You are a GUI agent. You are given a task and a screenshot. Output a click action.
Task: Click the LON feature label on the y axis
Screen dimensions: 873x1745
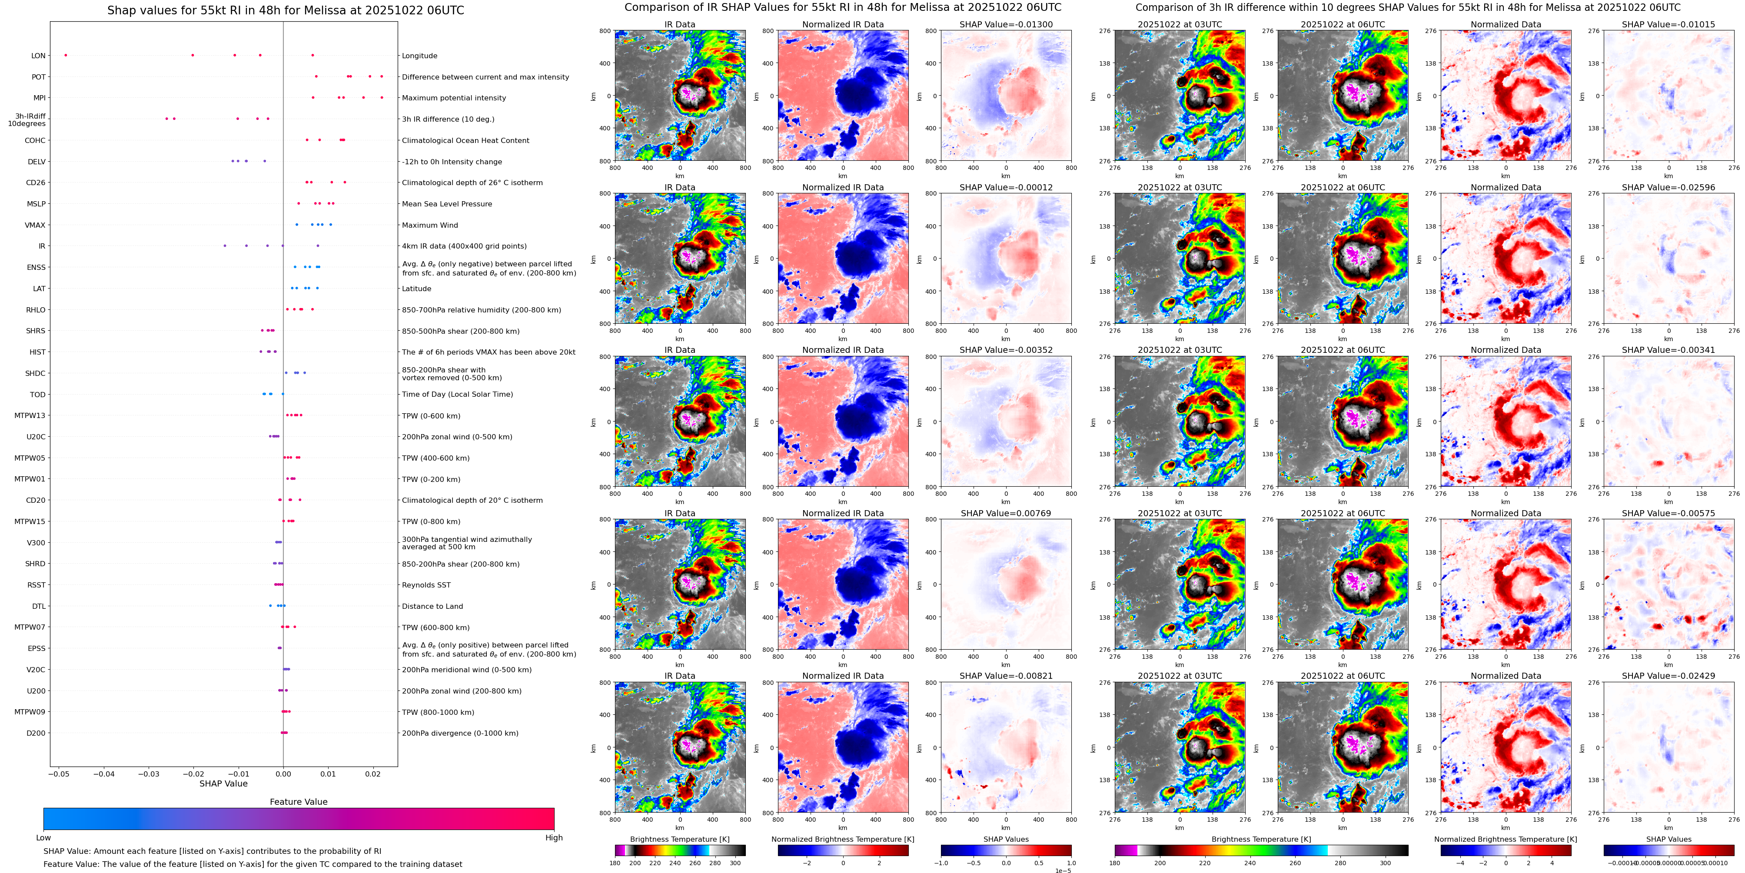coord(38,56)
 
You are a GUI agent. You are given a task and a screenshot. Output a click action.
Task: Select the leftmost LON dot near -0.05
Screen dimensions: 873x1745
coord(65,55)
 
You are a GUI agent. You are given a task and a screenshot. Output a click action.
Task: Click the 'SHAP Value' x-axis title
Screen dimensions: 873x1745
coord(223,783)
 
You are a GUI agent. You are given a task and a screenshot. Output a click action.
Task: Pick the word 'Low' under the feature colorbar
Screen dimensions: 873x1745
coord(43,838)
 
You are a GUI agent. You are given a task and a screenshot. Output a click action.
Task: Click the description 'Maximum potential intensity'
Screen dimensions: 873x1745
coord(453,98)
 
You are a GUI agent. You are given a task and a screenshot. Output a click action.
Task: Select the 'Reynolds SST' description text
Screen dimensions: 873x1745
coord(425,585)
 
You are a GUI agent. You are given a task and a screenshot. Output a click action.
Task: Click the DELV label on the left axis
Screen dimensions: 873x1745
coord(37,162)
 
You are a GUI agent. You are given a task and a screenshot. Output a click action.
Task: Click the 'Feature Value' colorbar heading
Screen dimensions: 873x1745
coord(298,802)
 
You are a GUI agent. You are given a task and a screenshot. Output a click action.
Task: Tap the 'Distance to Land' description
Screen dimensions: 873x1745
coord(432,606)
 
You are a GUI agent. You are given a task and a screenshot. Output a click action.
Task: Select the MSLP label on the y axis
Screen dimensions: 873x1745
coord(36,204)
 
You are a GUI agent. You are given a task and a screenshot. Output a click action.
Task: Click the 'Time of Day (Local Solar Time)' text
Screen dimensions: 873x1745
coord(457,394)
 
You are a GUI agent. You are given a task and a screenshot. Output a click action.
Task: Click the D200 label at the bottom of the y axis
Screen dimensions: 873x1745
coord(36,733)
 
